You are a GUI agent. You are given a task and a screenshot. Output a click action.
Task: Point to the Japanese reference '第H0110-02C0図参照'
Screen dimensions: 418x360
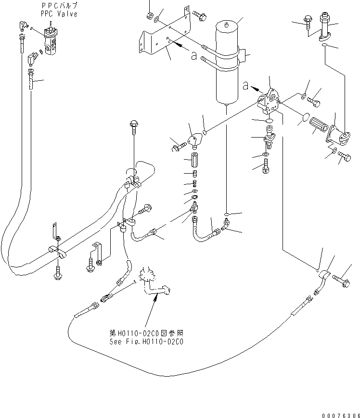click(x=146, y=333)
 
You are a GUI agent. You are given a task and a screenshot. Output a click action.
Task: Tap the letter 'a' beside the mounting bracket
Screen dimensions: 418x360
click(x=193, y=56)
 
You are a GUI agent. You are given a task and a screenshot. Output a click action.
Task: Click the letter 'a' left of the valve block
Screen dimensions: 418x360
click(x=245, y=86)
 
